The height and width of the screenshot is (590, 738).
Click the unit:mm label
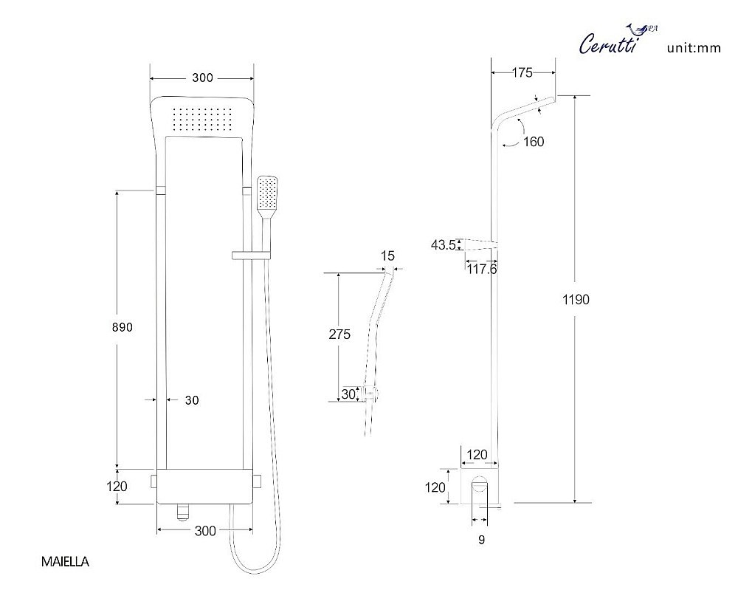coord(694,47)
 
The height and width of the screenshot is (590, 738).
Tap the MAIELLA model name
coord(65,561)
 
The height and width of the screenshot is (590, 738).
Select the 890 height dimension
coord(123,327)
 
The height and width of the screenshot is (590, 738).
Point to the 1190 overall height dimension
coord(576,300)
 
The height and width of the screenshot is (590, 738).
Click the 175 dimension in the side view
coord(522,72)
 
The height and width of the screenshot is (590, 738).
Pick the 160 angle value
coord(534,142)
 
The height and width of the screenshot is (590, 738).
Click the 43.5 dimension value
coord(443,245)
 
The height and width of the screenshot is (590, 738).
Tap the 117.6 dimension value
coord(482,269)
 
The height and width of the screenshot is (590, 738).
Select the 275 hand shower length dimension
coord(339,335)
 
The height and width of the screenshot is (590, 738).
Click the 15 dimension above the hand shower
coord(387,255)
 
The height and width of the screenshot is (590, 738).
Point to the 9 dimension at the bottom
coord(481,540)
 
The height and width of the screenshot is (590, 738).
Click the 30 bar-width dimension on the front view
coord(192,400)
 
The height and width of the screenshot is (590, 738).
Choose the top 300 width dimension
coord(202,78)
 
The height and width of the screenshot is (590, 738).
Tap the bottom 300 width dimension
coord(205,531)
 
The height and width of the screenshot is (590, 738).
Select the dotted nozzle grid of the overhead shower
coord(202,119)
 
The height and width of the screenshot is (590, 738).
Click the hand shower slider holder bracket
coord(251,255)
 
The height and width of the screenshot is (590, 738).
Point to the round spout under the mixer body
coord(182,512)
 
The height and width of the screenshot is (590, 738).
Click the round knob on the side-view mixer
coord(480,484)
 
